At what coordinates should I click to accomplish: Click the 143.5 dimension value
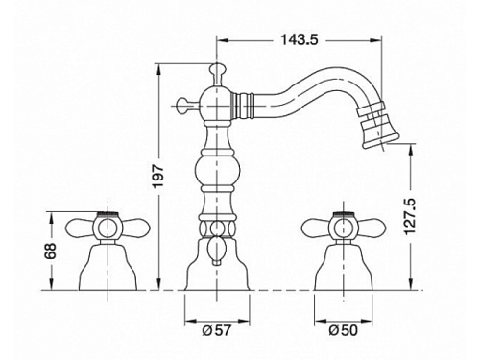click(300, 40)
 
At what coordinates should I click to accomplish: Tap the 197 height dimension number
click(158, 177)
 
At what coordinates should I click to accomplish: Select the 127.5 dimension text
click(410, 217)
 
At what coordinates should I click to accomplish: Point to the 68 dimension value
click(51, 251)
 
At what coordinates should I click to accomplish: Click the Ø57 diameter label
click(217, 330)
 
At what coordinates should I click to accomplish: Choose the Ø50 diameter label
click(344, 330)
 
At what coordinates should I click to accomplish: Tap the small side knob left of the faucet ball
click(187, 105)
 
